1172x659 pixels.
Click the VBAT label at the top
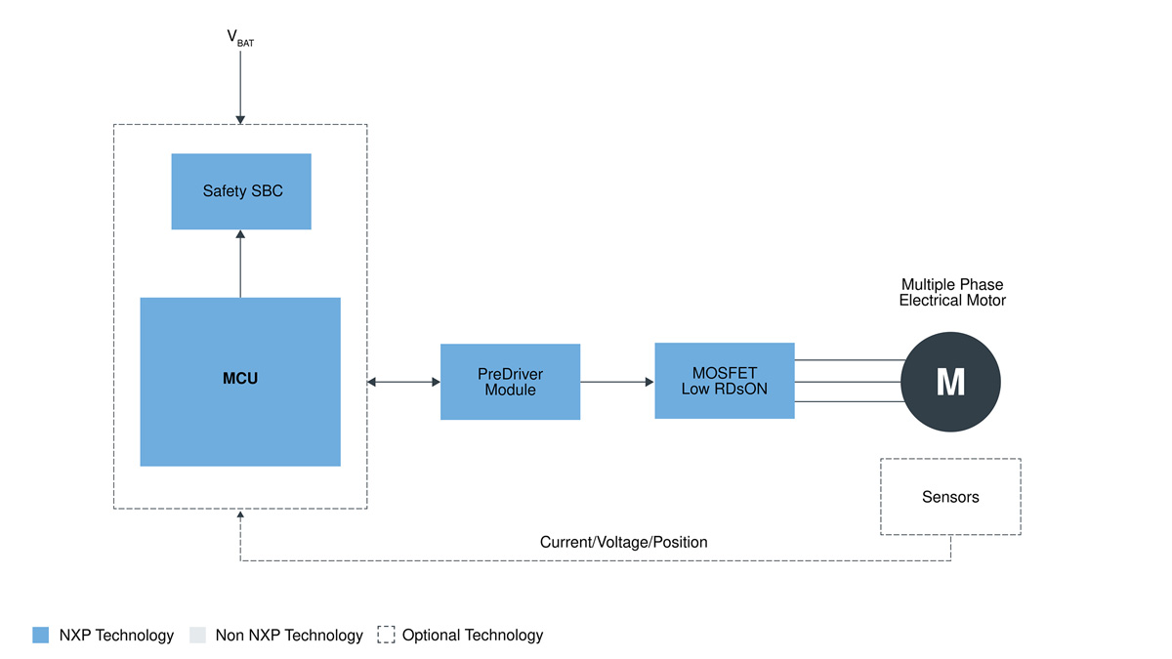(x=240, y=39)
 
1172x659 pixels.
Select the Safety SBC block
(x=241, y=191)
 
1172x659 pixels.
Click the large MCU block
(x=240, y=381)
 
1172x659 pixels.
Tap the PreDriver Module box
(x=510, y=382)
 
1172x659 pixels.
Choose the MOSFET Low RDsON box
(x=724, y=381)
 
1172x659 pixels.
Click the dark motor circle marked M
(x=950, y=382)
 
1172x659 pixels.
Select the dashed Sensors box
(x=950, y=497)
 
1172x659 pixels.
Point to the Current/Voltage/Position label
(x=623, y=542)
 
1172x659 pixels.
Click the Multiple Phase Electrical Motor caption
(x=951, y=293)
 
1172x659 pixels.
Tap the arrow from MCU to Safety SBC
(x=240, y=264)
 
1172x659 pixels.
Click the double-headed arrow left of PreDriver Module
(x=403, y=382)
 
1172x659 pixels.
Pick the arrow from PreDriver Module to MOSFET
(x=617, y=382)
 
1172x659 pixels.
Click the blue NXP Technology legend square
(x=40, y=636)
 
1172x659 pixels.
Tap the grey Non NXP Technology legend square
(x=197, y=636)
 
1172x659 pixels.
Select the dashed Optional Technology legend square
(x=386, y=636)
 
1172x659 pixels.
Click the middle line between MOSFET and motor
(x=848, y=382)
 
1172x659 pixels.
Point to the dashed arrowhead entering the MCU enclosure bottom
(x=240, y=515)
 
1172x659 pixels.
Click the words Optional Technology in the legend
(x=473, y=636)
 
